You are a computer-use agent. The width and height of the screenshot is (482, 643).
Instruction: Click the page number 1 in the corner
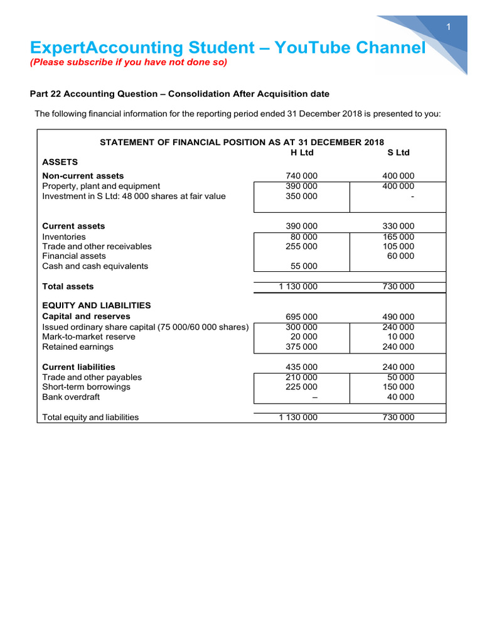[x=449, y=26]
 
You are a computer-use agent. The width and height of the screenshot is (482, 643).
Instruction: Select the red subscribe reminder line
[x=129, y=63]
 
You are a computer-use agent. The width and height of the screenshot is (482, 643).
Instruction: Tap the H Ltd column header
[x=302, y=153]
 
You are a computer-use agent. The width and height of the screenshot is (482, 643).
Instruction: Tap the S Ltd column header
[x=399, y=153]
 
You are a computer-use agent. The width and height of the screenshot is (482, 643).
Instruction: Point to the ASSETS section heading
[x=60, y=162]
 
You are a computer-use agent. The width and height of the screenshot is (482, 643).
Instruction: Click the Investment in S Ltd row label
[x=134, y=197]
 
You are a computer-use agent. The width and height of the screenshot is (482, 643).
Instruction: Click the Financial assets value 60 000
[x=400, y=256]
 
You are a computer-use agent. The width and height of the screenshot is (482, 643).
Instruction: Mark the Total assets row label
[x=68, y=286]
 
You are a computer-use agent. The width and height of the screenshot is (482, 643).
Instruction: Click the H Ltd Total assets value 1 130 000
[x=298, y=287]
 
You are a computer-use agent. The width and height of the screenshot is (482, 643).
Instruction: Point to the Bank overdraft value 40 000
[x=400, y=397]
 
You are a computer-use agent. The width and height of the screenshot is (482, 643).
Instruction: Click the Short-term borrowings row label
[x=86, y=387]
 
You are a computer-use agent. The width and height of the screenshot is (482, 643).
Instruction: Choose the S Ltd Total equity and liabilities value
[x=399, y=418]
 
